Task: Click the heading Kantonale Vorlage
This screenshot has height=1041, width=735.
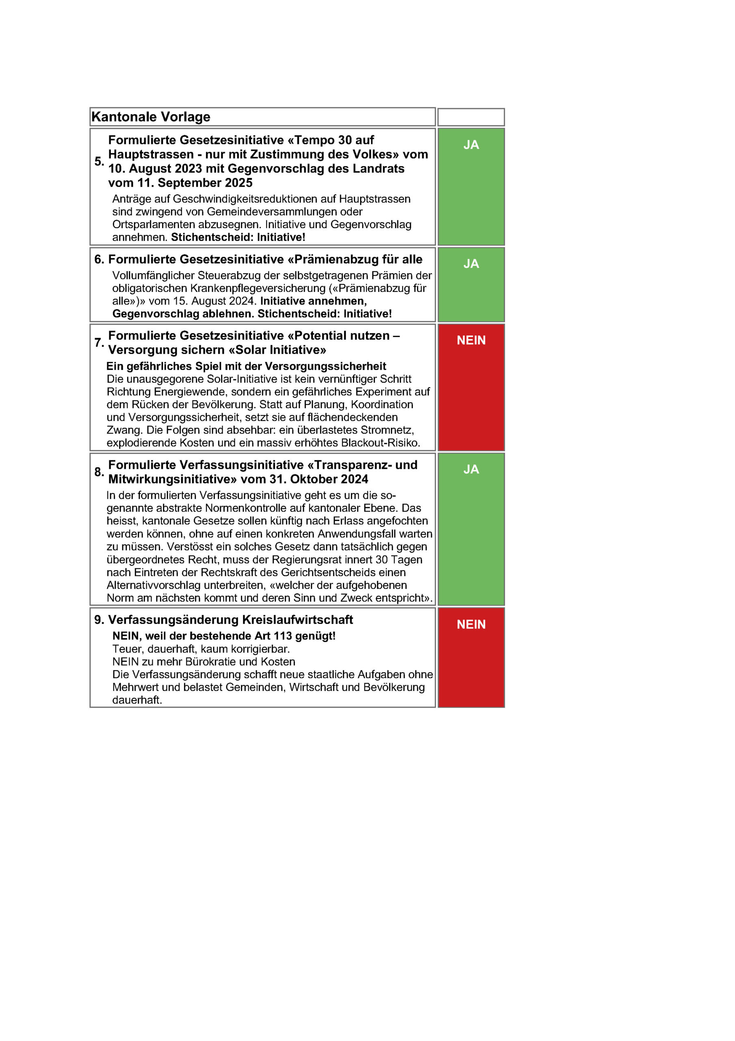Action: click(x=151, y=117)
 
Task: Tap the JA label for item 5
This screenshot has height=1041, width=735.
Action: click(x=471, y=145)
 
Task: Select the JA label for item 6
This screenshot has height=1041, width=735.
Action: click(x=471, y=264)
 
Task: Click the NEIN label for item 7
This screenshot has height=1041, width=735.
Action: click(x=471, y=340)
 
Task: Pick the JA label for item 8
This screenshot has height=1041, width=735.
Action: click(x=471, y=469)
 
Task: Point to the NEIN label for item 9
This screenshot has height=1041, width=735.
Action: click(x=471, y=624)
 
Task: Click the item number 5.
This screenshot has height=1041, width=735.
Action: click(x=99, y=161)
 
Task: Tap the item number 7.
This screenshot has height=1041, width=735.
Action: click(x=99, y=343)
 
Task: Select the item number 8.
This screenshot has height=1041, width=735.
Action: click(x=99, y=472)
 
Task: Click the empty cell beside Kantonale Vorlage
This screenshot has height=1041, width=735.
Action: click(x=471, y=117)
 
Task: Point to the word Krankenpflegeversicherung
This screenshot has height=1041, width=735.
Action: click(x=258, y=288)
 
